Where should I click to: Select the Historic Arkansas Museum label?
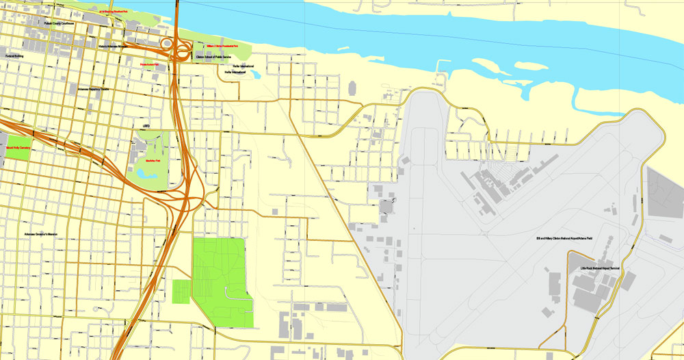pyautogui.click(x=113, y=47)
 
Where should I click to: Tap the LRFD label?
pyautogui.click(x=146, y=126)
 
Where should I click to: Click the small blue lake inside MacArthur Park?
pyautogui.click(x=146, y=174)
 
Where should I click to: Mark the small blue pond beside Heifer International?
pyautogui.click(x=255, y=73)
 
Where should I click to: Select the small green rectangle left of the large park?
pyautogui.click(x=181, y=291)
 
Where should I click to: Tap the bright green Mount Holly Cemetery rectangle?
pyautogui.click(x=18, y=151)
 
